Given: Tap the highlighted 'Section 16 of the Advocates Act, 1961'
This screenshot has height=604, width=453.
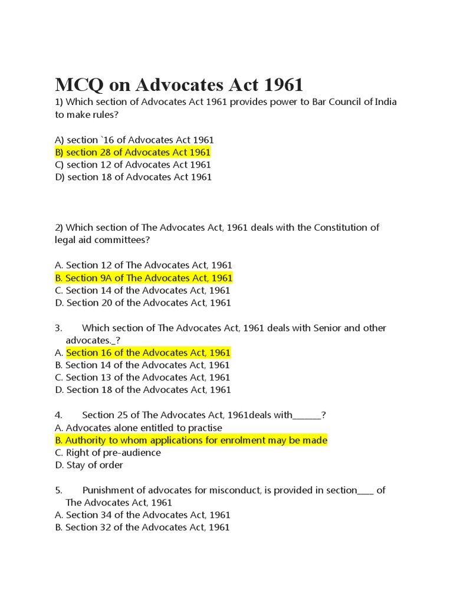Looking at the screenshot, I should click(x=148, y=353).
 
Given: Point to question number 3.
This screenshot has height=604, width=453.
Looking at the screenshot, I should click(x=58, y=328).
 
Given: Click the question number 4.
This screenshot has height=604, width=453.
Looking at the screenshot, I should click(x=58, y=415).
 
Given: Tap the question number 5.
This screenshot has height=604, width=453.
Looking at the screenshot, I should click(x=58, y=490).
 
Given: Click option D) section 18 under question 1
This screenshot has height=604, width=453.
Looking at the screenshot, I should click(x=133, y=177).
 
